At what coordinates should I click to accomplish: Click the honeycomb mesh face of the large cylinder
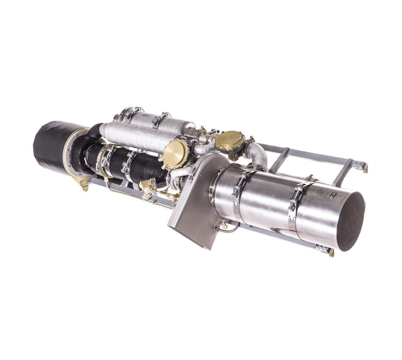[350, 221]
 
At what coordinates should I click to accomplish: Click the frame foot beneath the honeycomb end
[325, 250]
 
